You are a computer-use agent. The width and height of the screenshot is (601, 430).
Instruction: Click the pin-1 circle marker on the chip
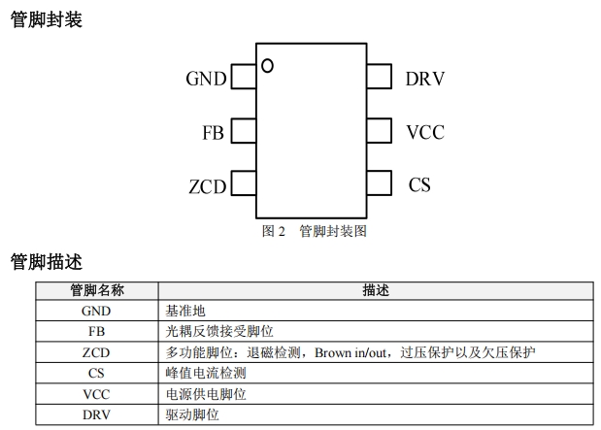pos(267,66)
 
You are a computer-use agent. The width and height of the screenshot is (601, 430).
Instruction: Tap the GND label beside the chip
pos(206,79)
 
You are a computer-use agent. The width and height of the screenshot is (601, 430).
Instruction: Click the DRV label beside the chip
pos(424,79)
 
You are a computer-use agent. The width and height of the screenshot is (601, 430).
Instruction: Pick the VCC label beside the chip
pos(424,132)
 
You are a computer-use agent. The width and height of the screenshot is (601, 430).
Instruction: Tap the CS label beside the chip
pos(419,184)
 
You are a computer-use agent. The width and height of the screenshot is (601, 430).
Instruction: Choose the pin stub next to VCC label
pos(380,131)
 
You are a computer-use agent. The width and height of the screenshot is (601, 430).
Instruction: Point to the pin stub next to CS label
pos(380,183)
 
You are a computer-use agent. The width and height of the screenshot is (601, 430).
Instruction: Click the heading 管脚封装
pos(46,18)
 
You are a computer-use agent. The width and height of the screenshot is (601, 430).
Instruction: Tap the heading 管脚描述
pos(46,262)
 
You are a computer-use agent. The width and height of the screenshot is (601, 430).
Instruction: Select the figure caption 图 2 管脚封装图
pos(315,231)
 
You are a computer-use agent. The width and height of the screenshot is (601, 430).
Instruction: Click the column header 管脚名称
pos(96,290)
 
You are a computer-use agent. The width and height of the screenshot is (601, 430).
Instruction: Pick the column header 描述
pos(376,290)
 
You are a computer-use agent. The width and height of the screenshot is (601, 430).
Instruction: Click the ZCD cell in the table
pos(96,352)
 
